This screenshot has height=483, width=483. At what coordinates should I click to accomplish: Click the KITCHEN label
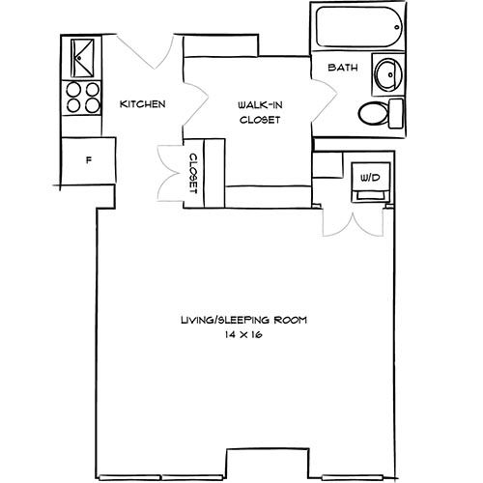point(143,104)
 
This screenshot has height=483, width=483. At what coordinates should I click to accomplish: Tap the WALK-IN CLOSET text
point(260,112)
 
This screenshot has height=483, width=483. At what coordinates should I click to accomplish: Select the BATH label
point(343,68)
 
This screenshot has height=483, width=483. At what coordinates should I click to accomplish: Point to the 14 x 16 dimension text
point(243,334)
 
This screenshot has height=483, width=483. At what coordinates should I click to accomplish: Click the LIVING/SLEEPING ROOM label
point(244,320)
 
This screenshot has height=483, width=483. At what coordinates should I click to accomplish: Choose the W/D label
point(370,177)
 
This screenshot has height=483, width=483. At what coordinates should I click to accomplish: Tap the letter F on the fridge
point(89,159)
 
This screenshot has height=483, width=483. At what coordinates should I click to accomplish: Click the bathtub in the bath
point(359,27)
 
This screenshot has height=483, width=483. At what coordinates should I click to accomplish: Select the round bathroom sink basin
point(389,74)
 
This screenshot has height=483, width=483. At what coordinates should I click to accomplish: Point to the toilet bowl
point(373,113)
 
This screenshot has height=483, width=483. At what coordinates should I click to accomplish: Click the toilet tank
point(396,113)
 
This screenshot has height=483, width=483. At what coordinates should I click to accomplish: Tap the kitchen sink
point(82,58)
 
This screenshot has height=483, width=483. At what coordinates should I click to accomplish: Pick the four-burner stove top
point(82,98)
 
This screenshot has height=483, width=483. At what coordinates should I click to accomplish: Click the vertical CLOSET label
point(193,173)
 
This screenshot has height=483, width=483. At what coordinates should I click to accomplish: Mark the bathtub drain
point(397,27)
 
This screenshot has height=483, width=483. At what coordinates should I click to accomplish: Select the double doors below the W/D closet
point(354,223)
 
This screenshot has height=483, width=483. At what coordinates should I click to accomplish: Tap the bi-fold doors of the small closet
point(170,173)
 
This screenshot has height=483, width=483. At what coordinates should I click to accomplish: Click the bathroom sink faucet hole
point(390,74)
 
